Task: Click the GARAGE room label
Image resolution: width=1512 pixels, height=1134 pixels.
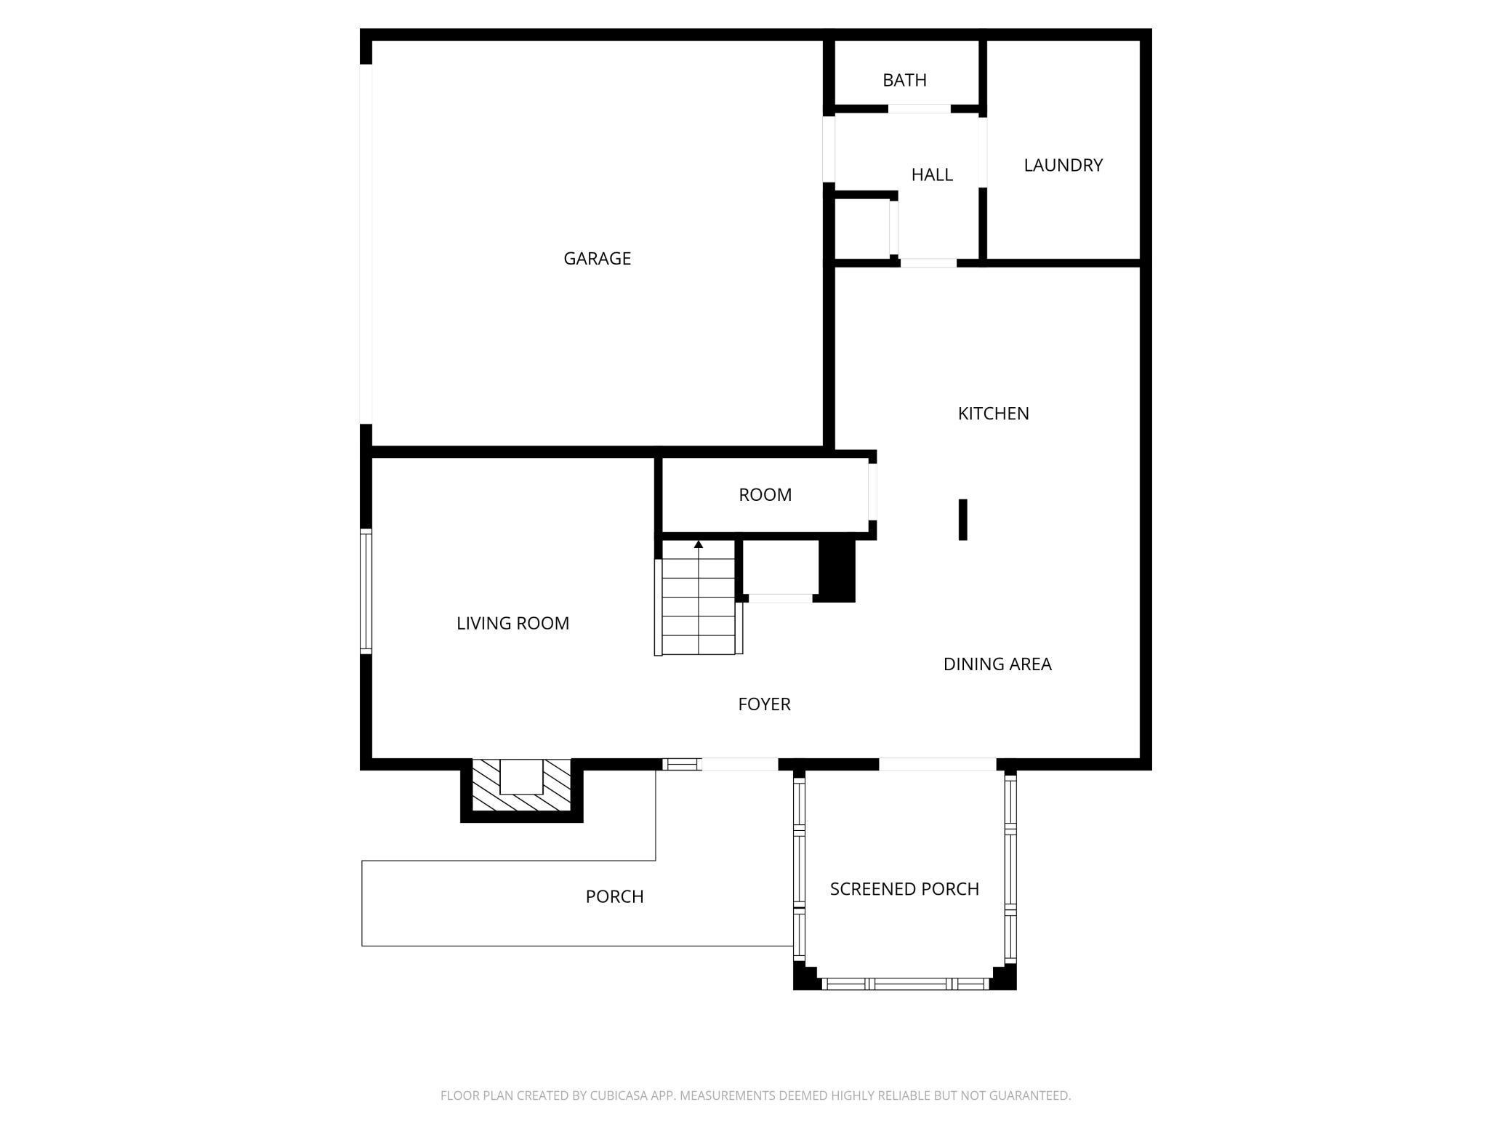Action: tap(597, 259)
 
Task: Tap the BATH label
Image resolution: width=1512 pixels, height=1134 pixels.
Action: tap(904, 80)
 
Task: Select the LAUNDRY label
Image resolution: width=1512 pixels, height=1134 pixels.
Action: tap(1063, 165)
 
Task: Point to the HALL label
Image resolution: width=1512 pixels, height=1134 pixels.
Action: tap(932, 174)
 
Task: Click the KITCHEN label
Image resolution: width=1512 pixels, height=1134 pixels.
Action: tap(993, 414)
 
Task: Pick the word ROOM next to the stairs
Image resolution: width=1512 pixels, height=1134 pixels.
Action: tap(765, 495)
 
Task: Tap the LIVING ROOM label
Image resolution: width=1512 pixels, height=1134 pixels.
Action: tap(512, 623)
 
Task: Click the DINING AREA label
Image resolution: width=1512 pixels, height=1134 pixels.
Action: tap(997, 664)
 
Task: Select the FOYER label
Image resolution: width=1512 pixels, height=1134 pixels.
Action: tap(764, 704)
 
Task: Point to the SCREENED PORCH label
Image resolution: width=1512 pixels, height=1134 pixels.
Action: tap(904, 889)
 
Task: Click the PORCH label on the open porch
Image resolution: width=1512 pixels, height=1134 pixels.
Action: tap(614, 896)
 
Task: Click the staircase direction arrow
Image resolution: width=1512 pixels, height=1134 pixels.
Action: tap(699, 544)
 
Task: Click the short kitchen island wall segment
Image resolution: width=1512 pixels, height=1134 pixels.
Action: tap(963, 519)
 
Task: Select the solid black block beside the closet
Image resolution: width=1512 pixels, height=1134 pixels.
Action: tap(837, 568)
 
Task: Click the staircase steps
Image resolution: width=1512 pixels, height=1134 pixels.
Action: tap(699, 607)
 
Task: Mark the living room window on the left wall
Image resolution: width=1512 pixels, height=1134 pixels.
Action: tap(366, 590)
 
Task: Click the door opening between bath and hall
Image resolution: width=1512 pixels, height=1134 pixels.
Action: tap(920, 109)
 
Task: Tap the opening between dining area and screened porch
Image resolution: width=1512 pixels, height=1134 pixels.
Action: tap(937, 764)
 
